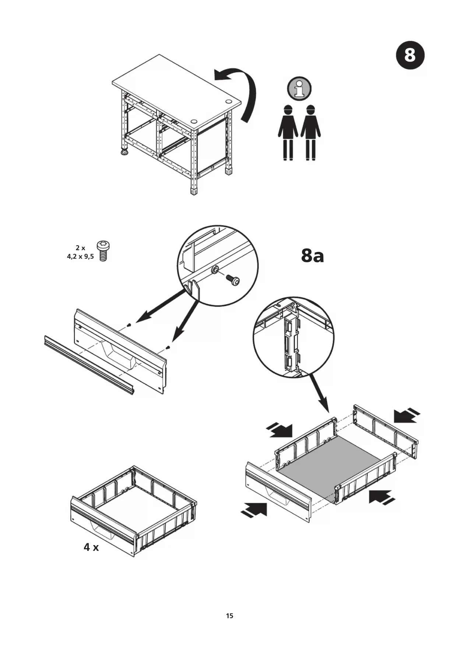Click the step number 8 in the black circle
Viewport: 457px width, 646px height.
(x=410, y=56)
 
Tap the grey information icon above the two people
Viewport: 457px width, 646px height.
(x=299, y=88)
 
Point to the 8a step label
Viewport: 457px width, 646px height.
(x=312, y=255)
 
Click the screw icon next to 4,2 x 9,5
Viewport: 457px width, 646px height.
(x=103, y=251)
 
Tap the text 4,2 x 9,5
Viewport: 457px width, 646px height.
(x=80, y=256)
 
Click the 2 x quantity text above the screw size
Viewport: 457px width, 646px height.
(x=80, y=248)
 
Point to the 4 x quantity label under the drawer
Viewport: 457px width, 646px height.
(x=91, y=547)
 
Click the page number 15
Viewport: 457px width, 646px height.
(x=229, y=615)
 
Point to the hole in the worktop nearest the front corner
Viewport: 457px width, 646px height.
(x=194, y=121)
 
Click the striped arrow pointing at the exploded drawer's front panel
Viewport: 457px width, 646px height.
(x=254, y=510)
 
